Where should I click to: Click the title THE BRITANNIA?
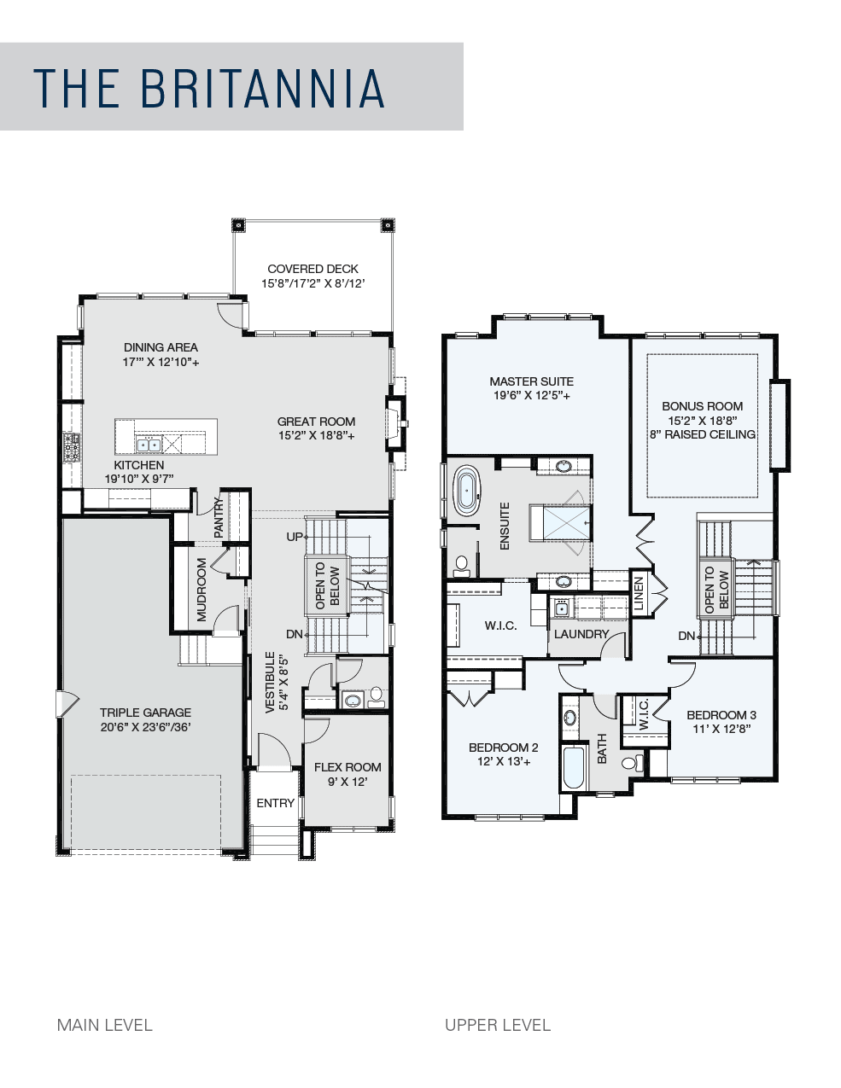209,88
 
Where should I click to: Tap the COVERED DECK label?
313,269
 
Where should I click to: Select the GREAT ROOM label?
317,422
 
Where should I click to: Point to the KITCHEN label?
139,465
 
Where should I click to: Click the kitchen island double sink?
149,444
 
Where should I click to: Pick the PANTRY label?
219,517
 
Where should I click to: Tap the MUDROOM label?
201,590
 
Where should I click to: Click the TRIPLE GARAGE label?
145,713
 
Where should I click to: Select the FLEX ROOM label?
347,767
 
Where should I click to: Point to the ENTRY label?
276,803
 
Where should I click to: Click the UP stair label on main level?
295,537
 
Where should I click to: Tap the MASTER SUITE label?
531,381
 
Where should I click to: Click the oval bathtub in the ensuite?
467,491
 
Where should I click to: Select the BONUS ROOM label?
702,406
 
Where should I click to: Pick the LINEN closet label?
639,594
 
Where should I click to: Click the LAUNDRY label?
581,634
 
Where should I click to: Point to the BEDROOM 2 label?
504,748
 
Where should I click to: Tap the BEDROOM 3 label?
721,715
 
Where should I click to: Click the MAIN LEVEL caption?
105,1025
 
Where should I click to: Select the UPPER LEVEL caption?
498,1025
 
